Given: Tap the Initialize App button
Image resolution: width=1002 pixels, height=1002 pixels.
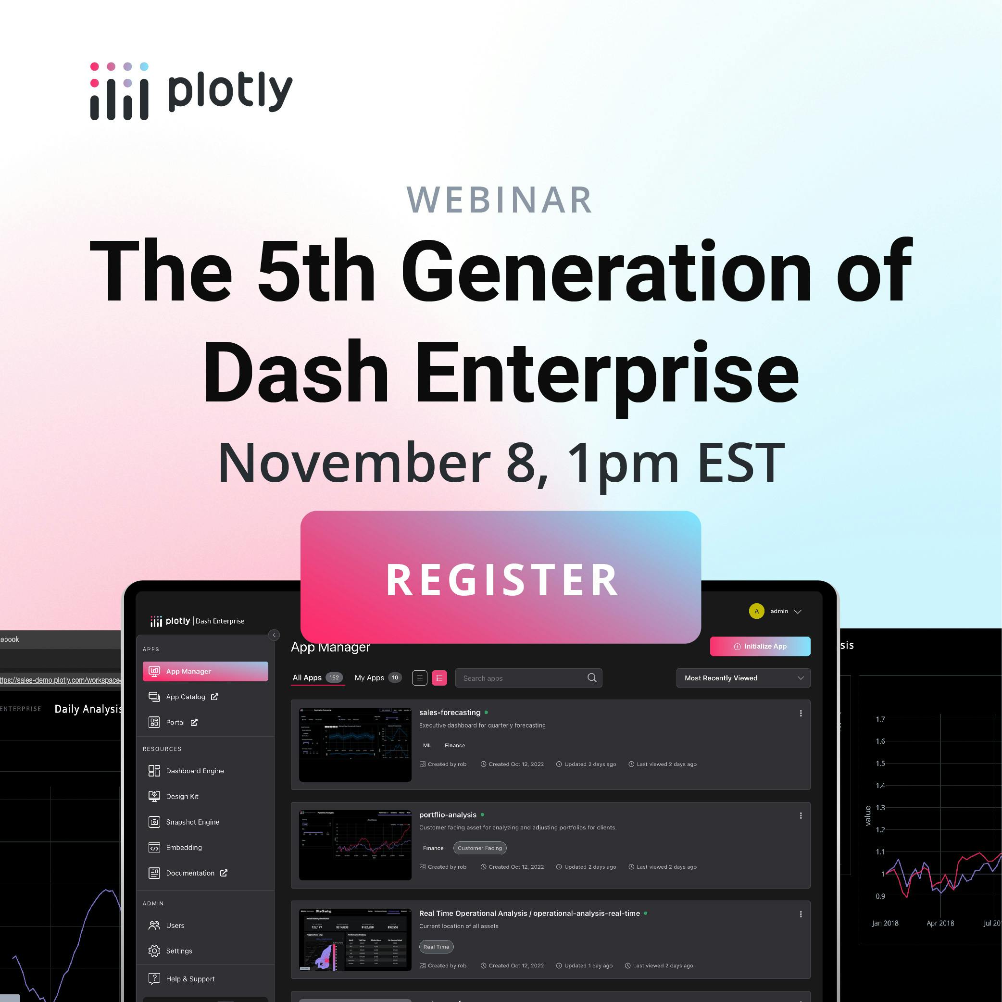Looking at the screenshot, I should (x=760, y=646).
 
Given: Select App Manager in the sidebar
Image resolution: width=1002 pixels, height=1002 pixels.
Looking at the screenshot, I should (x=205, y=671).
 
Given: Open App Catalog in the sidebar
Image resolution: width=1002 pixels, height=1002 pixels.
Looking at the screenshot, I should (x=185, y=697).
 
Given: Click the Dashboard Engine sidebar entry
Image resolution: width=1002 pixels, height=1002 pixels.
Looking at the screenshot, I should (x=195, y=771).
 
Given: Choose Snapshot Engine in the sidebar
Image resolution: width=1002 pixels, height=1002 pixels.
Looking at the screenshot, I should (x=192, y=822).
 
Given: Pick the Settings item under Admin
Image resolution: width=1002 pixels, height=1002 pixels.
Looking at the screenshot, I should (x=178, y=951).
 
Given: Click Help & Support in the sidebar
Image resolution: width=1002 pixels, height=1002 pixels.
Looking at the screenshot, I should (x=190, y=978).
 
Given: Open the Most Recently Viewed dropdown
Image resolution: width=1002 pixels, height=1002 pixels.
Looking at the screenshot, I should (x=743, y=678).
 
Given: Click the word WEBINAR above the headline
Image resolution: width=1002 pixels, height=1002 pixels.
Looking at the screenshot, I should (x=500, y=200).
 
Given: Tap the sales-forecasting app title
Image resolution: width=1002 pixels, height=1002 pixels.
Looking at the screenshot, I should (x=450, y=712).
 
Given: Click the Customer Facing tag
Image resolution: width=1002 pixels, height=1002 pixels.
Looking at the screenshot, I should (x=480, y=848).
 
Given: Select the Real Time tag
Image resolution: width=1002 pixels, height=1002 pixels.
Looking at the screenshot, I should (x=436, y=947).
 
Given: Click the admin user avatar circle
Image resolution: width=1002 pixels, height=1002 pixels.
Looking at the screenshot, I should (x=756, y=611).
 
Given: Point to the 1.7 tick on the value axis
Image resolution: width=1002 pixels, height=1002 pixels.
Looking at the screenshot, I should (x=880, y=719).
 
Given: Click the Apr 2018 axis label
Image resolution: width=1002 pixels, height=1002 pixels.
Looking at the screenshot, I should (x=940, y=923).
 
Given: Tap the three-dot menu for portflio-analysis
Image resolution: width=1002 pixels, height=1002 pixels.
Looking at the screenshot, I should (x=801, y=815).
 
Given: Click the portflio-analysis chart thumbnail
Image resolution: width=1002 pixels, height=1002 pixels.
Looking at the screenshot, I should (x=355, y=844).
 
